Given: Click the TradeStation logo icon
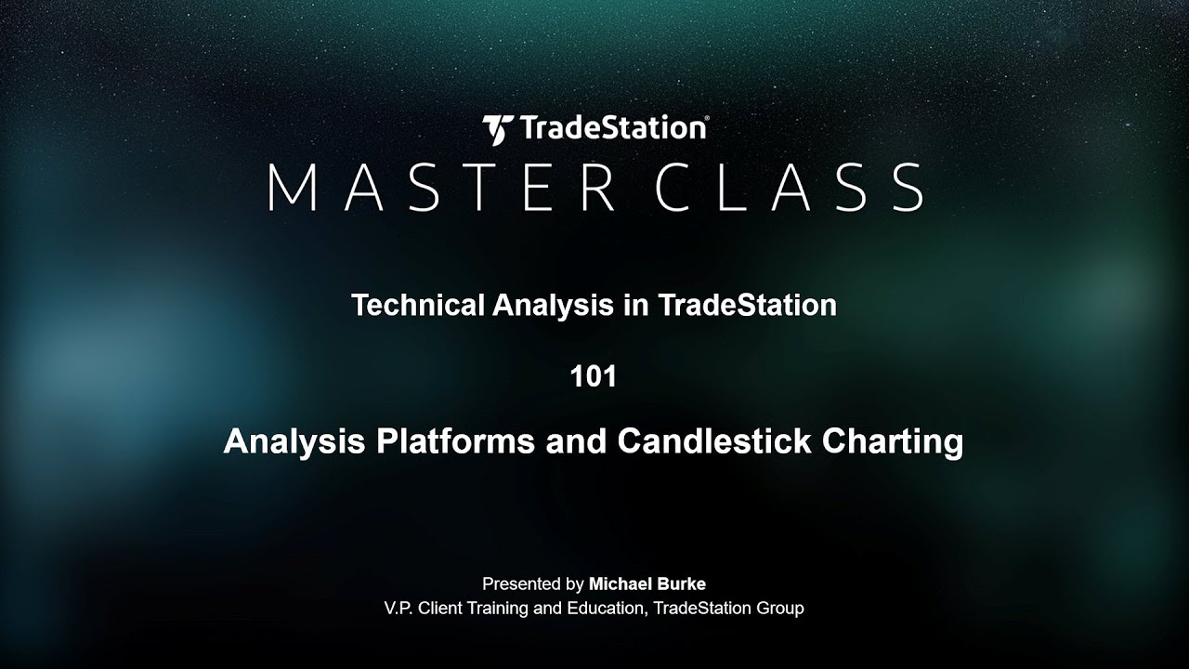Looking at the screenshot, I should (x=497, y=129).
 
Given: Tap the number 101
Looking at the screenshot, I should (x=594, y=377).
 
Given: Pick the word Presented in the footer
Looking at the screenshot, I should (x=521, y=584).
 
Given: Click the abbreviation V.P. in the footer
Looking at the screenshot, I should (x=400, y=609).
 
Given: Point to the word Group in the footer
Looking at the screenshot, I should (x=781, y=609).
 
